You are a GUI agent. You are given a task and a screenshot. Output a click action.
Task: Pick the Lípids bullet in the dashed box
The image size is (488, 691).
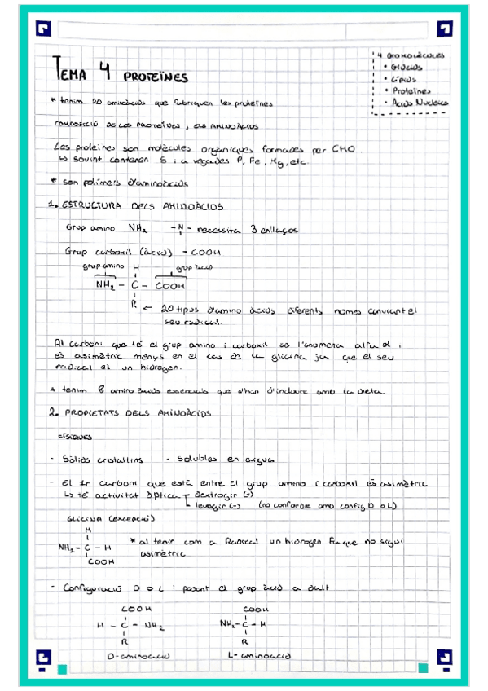tap(404, 80)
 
